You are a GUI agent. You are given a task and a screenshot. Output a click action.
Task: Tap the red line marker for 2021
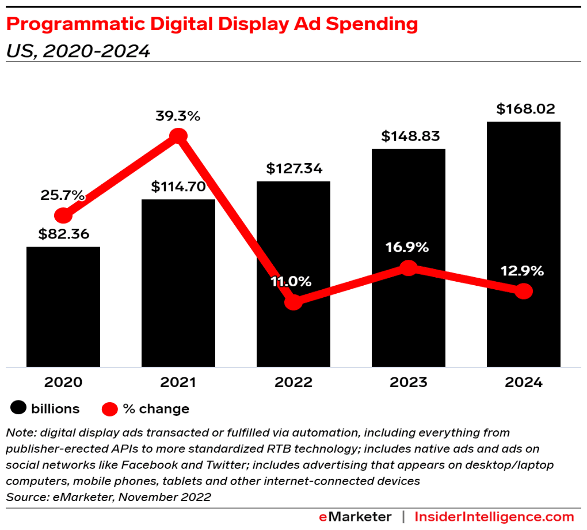[178, 137]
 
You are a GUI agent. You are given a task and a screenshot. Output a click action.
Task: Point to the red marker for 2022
[293, 302]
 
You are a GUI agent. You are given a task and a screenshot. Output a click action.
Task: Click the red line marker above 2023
[408, 268]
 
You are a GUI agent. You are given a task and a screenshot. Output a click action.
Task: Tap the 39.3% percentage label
[178, 116]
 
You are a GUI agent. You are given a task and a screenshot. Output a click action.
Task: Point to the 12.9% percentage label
[521, 271]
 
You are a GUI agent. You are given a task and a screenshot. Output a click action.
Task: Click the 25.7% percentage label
[63, 195]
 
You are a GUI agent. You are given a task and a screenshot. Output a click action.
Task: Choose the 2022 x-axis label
[293, 383]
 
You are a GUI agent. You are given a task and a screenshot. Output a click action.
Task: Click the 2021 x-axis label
[178, 383]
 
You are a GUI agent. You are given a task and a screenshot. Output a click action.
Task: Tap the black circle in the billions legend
[19, 409]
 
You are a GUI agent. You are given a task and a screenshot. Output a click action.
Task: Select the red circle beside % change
[110, 409]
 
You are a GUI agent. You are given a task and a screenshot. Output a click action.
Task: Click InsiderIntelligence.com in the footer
[494, 517]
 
